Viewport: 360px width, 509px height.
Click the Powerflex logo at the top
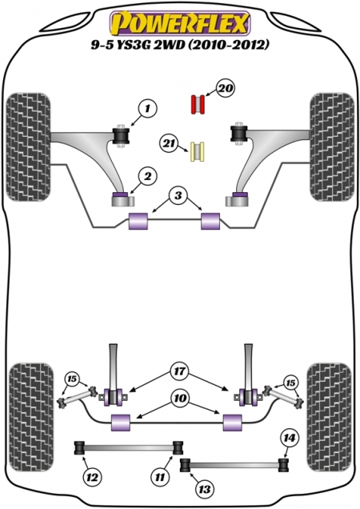click(x=180, y=24)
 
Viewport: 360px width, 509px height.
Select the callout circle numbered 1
click(x=147, y=109)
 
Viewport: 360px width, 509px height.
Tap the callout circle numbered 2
click(x=148, y=177)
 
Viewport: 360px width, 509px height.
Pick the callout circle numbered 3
click(x=178, y=196)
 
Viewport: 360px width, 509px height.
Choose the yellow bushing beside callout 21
click(x=198, y=152)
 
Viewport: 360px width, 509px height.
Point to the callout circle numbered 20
click(x=226, y=88)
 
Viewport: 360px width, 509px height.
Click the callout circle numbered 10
click(x=181, y=399)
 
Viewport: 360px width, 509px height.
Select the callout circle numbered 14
click(x=290, y=439)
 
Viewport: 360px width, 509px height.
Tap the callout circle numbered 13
click(x=205, y=488)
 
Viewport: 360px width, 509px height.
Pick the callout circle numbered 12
click(x=92, y=478)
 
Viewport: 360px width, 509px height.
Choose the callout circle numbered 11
click(x=160, y=477)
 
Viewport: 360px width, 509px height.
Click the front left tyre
click(x=29, y=147)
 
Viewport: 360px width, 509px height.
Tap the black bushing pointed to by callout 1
click(x=121, y=136)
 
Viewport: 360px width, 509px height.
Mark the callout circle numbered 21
click(x=169, y=144)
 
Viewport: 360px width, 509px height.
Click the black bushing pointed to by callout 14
click(x=284, y=464)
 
